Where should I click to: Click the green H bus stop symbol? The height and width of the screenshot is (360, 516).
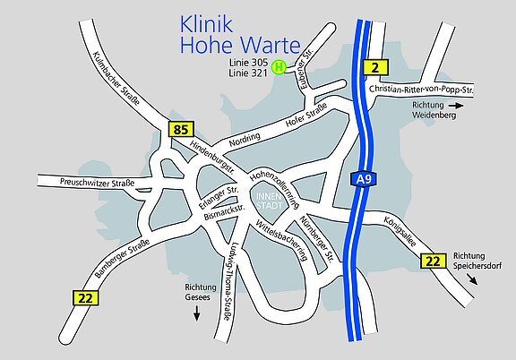point(279,66)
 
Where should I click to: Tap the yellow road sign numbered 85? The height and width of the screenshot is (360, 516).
point(180,130)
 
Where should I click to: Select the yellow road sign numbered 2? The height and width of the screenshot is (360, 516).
point(375,66)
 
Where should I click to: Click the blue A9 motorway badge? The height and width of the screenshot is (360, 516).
point(363,180)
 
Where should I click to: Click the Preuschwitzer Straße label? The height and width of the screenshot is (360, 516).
point(97,184)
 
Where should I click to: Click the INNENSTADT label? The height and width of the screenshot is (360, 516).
point(269,201)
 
